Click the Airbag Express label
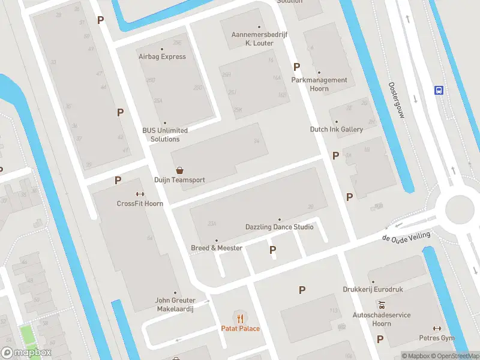click(161, 56)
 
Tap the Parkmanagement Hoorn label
click(319, 84)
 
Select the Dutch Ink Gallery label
click(336, 129)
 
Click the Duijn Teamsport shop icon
click(179, 170)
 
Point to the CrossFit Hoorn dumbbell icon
click(140, 194)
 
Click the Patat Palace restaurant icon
click(241, 318)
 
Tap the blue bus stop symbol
click(439, 91)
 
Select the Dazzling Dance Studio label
click(279, 227)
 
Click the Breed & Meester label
click(217, 248)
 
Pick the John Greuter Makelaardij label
click(175, 304)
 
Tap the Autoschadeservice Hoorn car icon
click(380, 305)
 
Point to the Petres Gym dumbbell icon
click(437, 328)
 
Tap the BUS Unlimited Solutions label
click(165, 134)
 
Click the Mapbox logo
click(26, 353)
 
